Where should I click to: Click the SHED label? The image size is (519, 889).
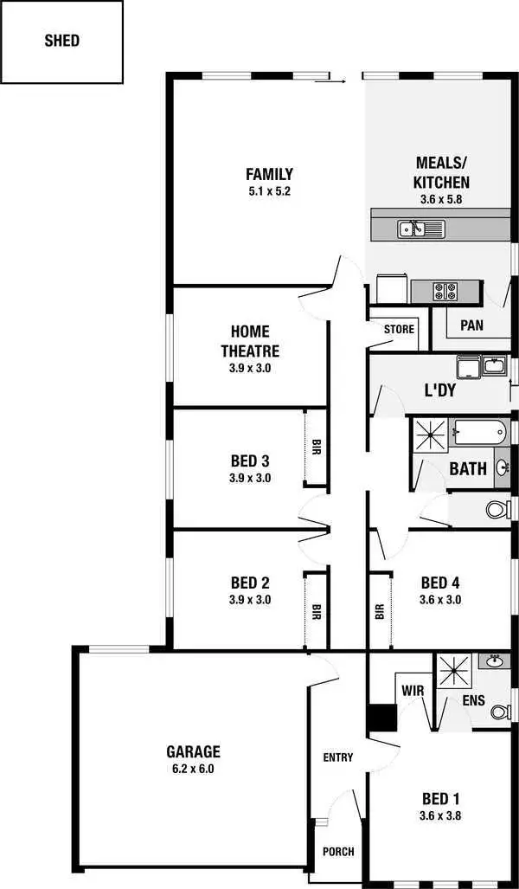(61, 40)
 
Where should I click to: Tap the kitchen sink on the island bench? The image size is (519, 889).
(420, 229)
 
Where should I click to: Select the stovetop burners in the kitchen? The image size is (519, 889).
(444, 292)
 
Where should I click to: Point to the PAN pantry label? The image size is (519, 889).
(471, 325)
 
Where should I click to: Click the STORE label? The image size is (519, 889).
(400, 329)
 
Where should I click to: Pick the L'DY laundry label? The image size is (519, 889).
(439, 390)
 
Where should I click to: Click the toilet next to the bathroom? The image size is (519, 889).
(498, 509)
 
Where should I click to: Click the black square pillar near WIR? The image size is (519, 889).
(381, 718)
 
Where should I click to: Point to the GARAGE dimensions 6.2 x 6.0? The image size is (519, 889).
(194, 768)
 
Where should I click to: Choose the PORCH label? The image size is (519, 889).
(338, 851)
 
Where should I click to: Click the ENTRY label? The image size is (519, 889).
(338, 757)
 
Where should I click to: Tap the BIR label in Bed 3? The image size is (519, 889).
(316, 448)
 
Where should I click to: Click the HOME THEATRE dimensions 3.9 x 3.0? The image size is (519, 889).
(250, 368)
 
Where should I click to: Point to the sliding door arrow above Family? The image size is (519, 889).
(330, 81)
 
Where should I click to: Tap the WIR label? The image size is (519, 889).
(411, 691)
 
